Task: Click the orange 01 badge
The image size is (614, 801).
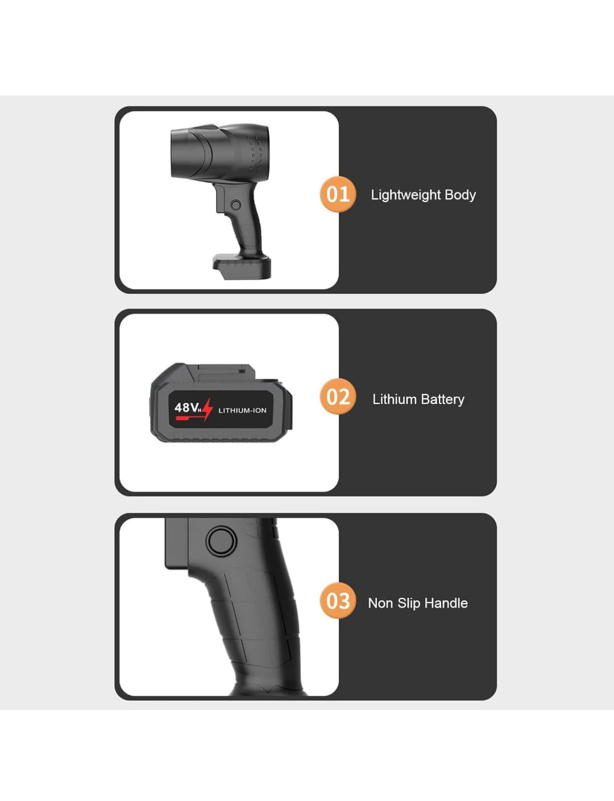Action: pyautogui.click(x=338, y=194)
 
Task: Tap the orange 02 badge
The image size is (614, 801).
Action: pyautogui.click(x=338, y=397)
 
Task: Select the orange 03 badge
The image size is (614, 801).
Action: pyautogui.click(x=338, y=601)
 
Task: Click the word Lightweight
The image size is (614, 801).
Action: pyautogui.click(x=406, y=195)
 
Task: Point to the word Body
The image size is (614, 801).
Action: pyautogui.click(x=460, y=195)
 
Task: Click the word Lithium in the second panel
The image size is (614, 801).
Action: pyautogui.click(x=395, y=399)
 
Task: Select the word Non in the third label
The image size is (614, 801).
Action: pyautogui.click(x=380, y=604)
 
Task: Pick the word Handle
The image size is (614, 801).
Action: pyautogui.click(x=446, y=603)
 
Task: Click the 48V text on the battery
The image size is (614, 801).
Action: pyautogui.click(x=186, y=407)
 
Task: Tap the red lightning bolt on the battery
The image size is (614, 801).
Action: pyautogui.click(x=208, y=409)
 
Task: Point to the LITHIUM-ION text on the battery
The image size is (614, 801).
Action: pyautogui.click(x=242, y=410)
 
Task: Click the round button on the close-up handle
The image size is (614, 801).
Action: pyautogui.click(x=221, y=541)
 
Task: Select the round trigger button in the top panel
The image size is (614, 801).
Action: pyautogui.click(x=236, y=205)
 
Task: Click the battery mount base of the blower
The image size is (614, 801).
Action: pyautogui.click(x=242, y=266)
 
